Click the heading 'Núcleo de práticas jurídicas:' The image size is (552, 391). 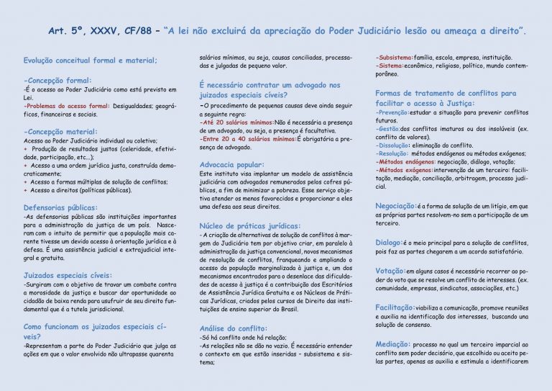point(250,225)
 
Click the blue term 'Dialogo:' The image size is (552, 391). point(388,242)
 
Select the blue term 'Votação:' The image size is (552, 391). point(390,270)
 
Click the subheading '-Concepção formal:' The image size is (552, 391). point(57,80)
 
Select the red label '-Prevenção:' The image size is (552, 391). point(393,112)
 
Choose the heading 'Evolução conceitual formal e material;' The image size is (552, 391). point(91,60)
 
